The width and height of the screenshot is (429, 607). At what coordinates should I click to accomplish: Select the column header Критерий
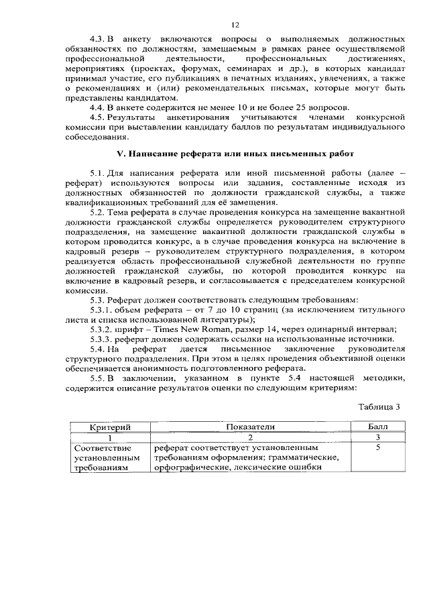[x=109, y=427]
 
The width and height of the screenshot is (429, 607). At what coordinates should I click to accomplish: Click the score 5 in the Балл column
[x=378, y=447]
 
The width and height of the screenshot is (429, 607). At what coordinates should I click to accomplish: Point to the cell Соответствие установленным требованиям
[x=108, y=457]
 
